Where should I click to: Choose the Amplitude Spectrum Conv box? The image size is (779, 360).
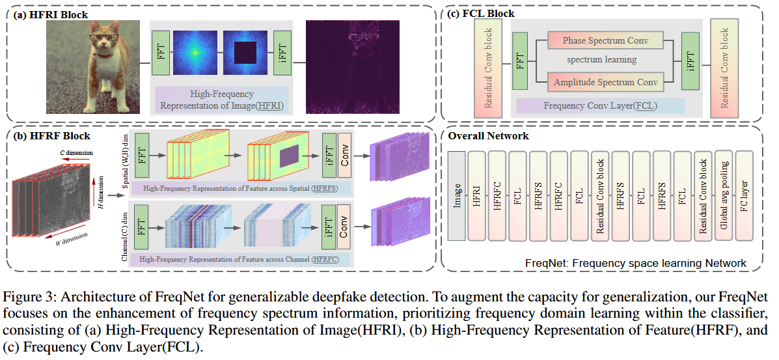pos(606,82)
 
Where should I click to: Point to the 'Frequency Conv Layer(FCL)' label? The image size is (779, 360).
pos(599,105)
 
